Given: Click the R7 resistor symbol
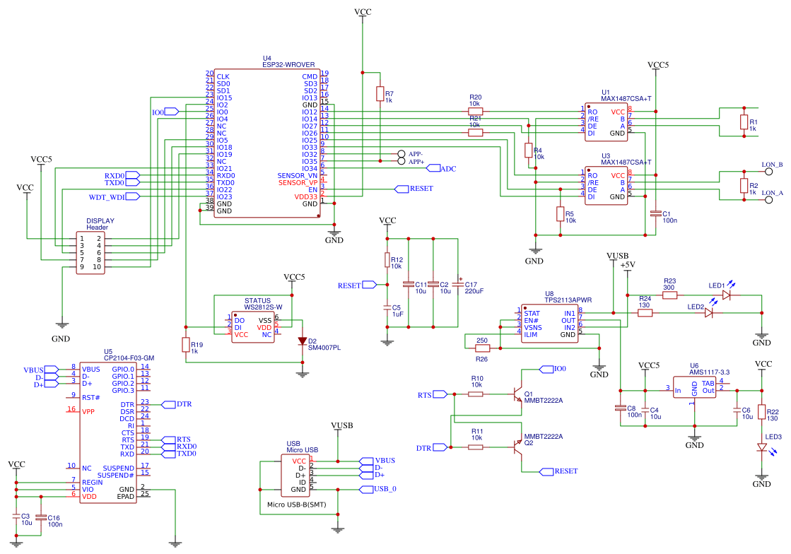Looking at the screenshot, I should coord(380,95).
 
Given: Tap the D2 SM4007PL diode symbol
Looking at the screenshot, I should coord(303,341).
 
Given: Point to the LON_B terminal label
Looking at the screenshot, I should coord(772,165).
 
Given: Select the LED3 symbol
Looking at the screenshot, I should coord(761,447).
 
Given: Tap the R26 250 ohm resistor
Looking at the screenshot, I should coord(482,348).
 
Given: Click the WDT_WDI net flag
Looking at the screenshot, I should coord(107,196).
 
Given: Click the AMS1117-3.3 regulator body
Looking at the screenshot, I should coord(694,390).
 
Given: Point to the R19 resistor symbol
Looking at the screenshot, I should coord(186,345).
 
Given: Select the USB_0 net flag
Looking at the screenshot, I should coord(385,489).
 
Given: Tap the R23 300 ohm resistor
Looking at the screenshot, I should coord(669,295).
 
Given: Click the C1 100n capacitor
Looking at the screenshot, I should coord(656,213).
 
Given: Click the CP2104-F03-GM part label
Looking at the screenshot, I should coord(129,358).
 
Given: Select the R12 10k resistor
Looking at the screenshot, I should coord(387,260).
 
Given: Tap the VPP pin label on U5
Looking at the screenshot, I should coord(88,411).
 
